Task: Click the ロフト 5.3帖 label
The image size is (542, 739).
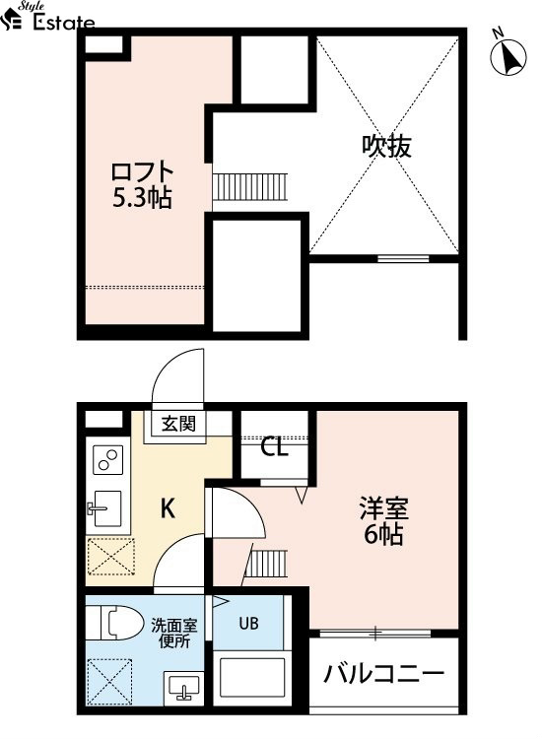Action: pos(142,185)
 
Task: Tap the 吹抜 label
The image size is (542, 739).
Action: pos(386,146)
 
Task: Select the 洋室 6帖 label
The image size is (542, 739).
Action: pos(383,521)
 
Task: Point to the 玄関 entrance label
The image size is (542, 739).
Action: pos(178,424)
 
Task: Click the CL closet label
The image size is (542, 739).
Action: pos(274,446)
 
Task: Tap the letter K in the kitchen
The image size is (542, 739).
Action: pos(169,508)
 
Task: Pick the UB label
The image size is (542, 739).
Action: pos(249,623)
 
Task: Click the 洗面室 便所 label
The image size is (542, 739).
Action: pos(173,634)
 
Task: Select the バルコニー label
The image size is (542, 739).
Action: pos(383,674)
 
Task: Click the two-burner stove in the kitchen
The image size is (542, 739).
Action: pos(108,460)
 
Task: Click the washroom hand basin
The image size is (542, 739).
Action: pos(184,687)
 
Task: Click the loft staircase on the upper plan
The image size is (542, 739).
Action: pos(249,186)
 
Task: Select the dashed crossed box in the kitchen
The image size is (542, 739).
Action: pos(111,557)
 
